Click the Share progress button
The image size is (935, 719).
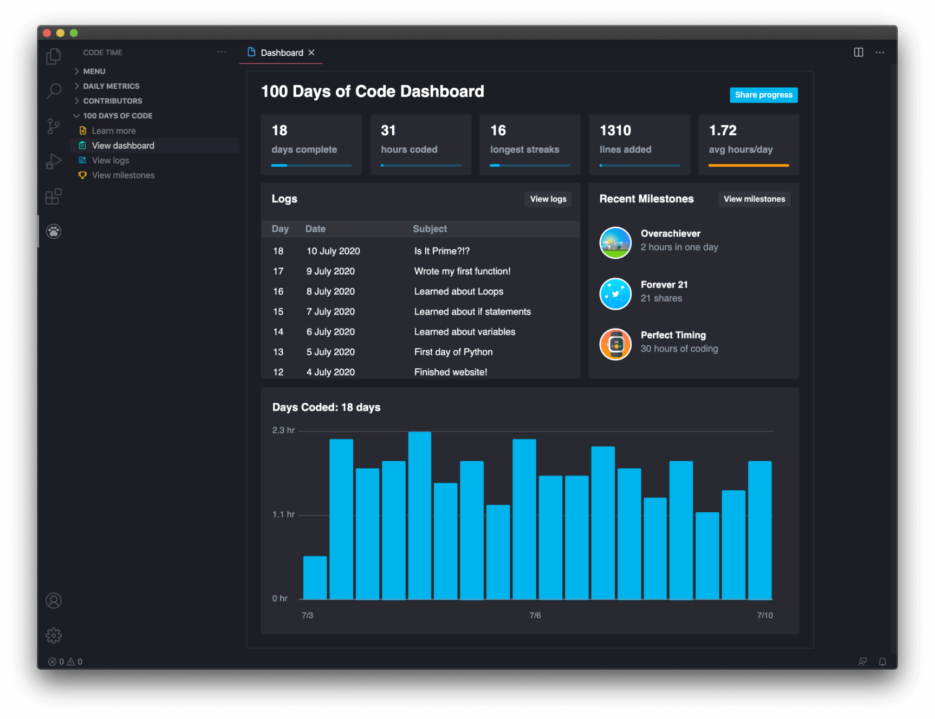(x=763, y=95)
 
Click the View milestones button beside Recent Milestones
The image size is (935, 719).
(x=754, y=199)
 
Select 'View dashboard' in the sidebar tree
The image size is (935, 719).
(x=123, y=146)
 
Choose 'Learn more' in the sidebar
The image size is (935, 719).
(x=114, y=131)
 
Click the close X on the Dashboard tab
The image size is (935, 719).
(x=311, y=53)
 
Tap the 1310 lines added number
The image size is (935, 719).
(x=615, y=130)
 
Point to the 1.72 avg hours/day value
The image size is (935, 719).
(x=723, y=130)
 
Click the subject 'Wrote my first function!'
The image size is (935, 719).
(x=462, y=271)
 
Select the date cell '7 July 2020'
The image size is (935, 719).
(x=330, y=312)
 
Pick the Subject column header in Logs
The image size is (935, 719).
(x=430, y=229)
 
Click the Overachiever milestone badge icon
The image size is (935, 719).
(x=615, y=243)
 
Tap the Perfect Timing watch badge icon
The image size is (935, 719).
(x=615, y=344)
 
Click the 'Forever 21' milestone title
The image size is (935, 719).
(x=664, y=285)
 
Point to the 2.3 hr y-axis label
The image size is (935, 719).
(x=283, y=430)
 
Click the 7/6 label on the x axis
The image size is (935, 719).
(x=535, y=616)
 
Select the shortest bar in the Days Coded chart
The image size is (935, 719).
(x=315, y=578)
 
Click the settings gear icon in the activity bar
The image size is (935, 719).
(x=54, y=635)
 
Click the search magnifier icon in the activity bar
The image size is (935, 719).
(x=54, y=91)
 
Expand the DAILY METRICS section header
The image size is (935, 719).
(x=111, y=86)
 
